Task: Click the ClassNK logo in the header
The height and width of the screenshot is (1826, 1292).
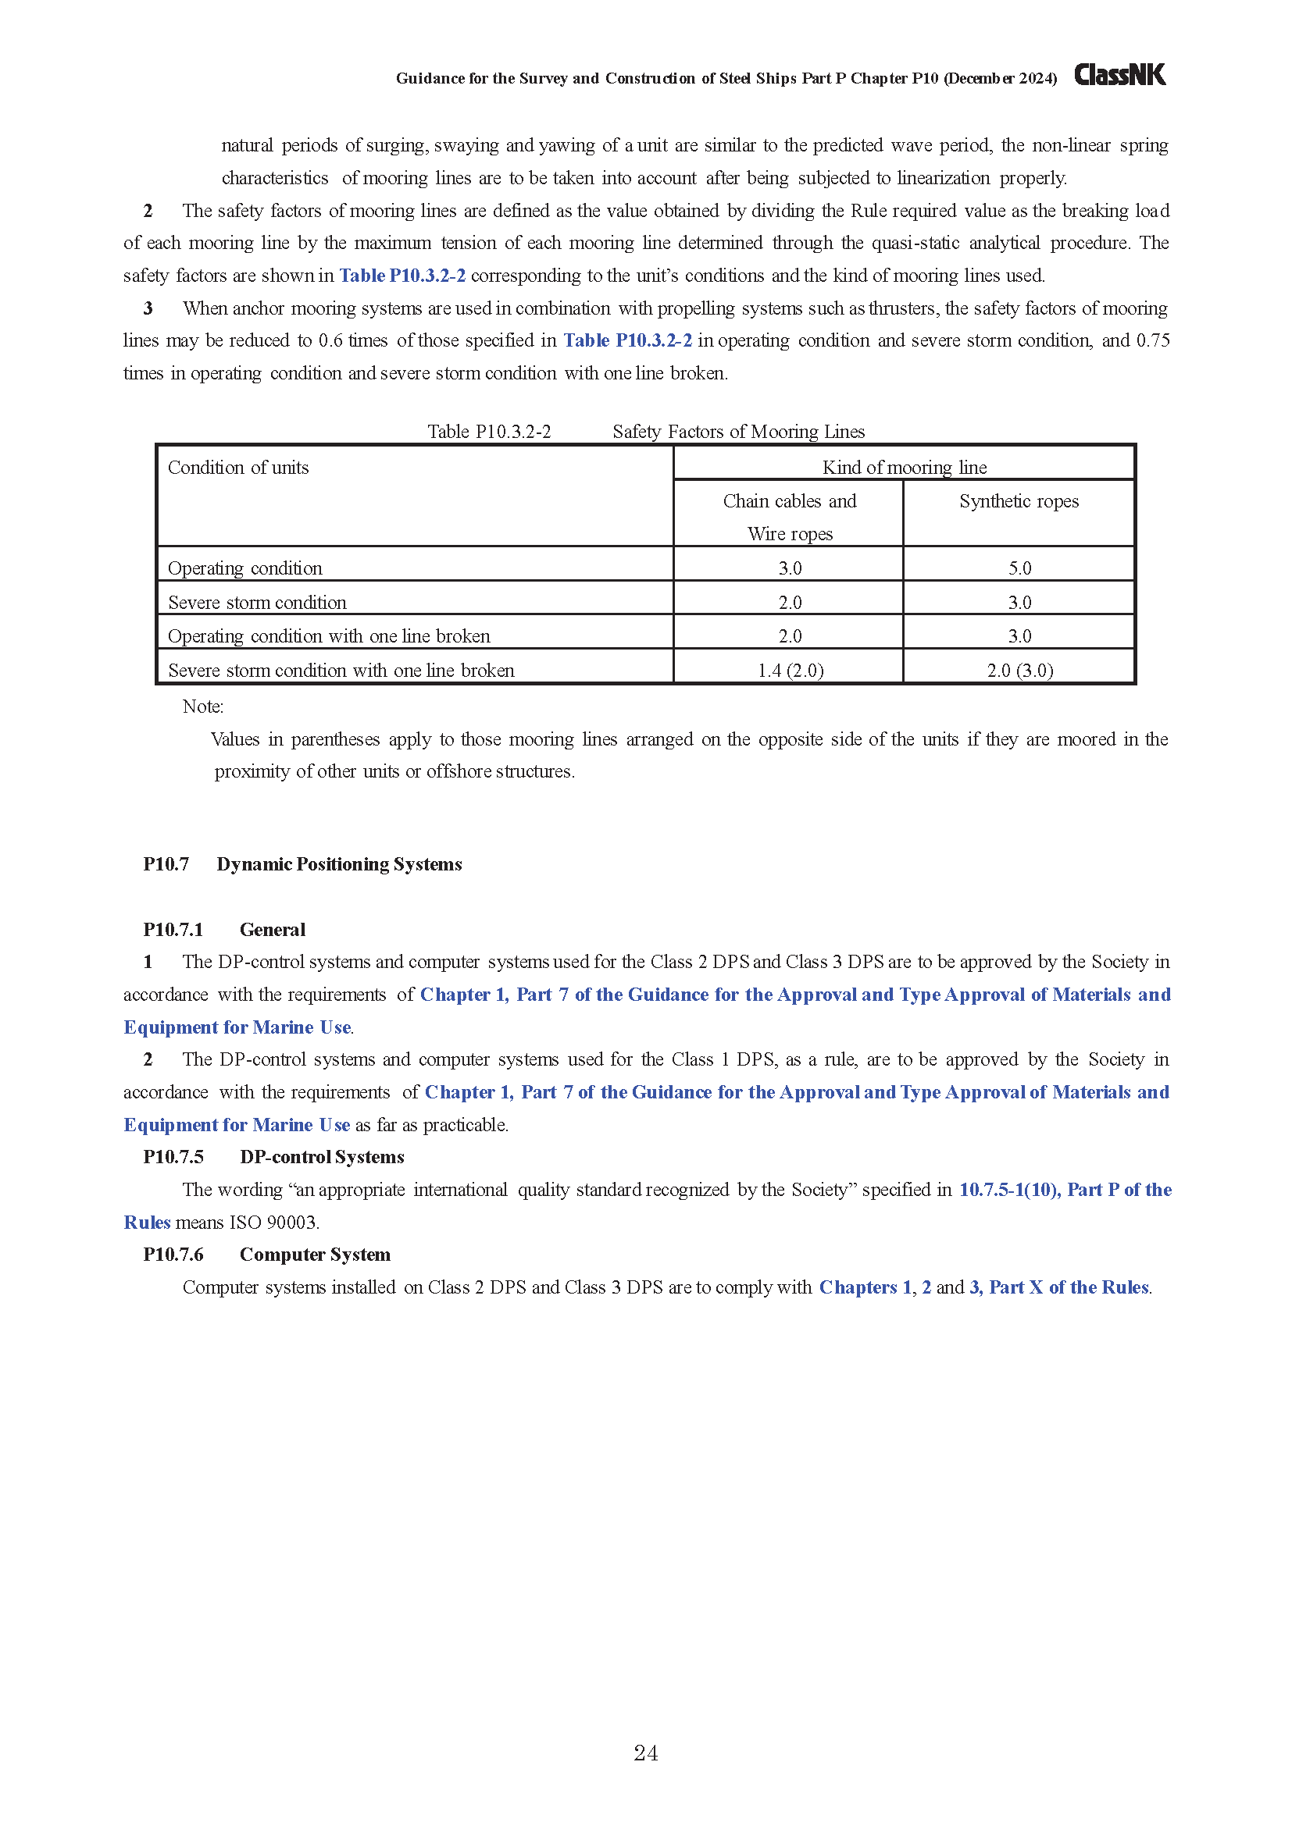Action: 1119,75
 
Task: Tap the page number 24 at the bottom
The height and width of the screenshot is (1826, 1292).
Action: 645,1753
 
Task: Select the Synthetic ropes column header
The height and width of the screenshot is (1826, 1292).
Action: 1019,501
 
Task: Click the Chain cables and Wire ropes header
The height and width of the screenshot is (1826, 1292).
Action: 789,517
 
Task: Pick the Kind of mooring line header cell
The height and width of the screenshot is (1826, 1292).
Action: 904,467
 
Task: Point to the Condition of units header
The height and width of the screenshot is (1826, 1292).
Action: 238,468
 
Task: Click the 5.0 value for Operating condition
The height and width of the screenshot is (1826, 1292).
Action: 1019,568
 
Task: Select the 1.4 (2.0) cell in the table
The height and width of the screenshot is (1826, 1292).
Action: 790,671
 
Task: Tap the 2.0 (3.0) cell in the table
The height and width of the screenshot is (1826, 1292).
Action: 1019,671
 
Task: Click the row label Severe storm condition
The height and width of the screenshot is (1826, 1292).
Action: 257,602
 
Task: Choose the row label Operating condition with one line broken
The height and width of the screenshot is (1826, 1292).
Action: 329,636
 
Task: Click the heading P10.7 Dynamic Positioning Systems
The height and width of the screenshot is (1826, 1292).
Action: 302,863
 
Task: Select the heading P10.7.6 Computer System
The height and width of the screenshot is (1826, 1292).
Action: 266,1255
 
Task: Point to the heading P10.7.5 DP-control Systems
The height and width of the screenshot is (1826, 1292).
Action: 273,1156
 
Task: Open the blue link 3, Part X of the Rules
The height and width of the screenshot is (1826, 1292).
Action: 1059,1287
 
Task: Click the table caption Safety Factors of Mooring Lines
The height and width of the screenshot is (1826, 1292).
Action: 738,431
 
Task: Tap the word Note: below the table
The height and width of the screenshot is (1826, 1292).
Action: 203,707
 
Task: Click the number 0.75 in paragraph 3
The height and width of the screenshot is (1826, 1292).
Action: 1153,340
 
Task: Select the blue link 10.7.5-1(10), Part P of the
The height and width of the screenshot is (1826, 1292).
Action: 1065,1189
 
